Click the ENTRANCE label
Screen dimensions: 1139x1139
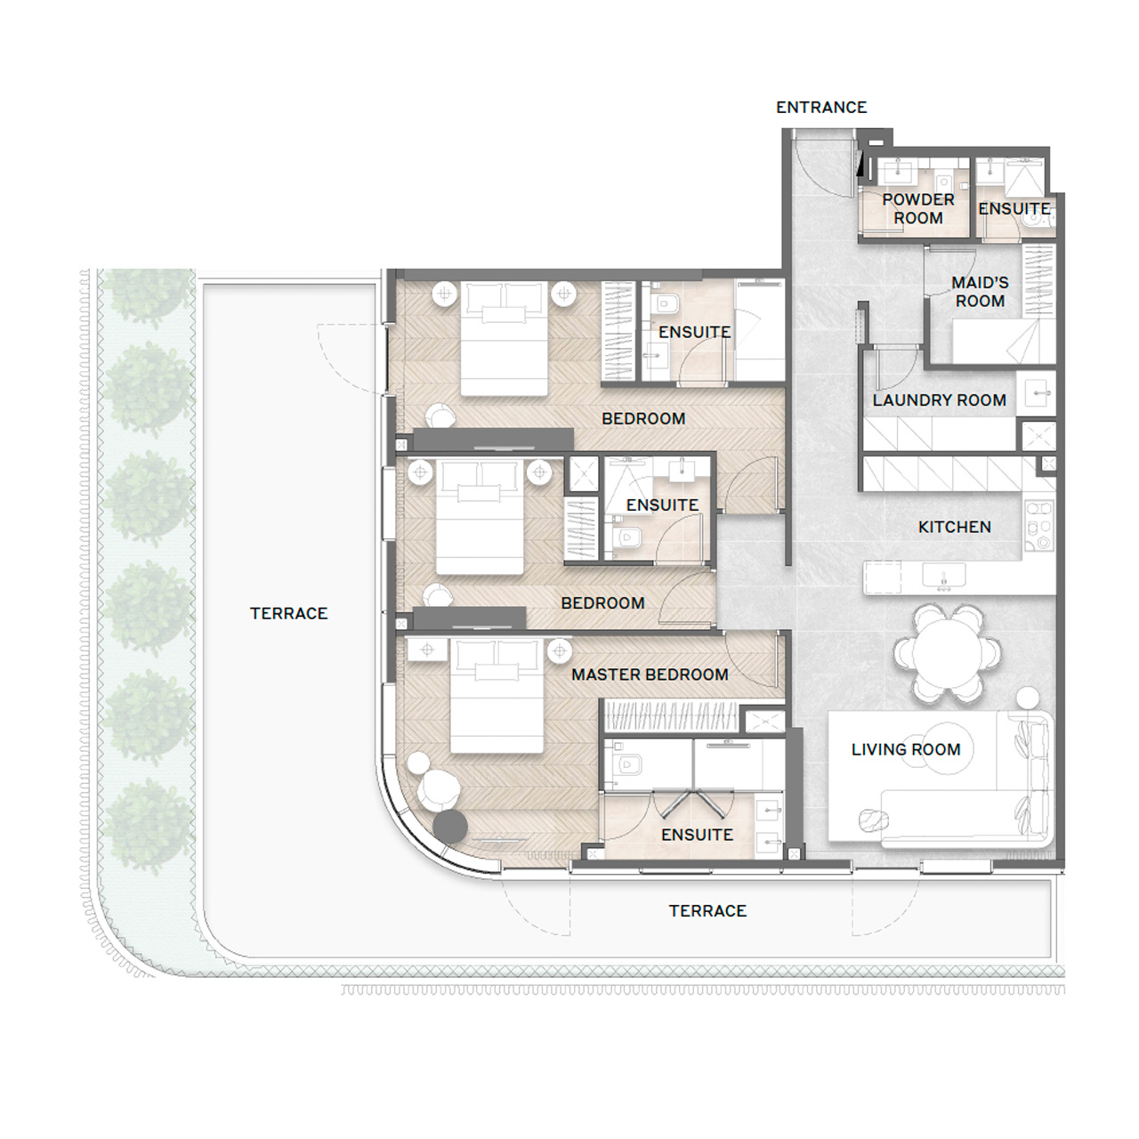(x=821, y=108)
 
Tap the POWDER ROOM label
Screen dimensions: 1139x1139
(x=918, y=208)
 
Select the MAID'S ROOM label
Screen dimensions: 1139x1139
(x=980, y=292)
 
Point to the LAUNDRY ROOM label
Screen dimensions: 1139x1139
(x=939, y=400)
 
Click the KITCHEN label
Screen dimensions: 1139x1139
(x=954, y=527)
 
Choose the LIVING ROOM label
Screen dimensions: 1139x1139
(x=906, y=749)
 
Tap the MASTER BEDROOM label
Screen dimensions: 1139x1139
(x=650, y=675)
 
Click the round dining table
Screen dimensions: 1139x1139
(x=948, y=653)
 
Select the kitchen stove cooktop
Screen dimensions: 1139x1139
(x=1039, y=526)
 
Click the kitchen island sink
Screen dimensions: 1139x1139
(x=944, y=575)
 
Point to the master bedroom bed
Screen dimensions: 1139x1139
(x=497, y=696)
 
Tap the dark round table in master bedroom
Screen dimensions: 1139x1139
(x=450, y=827)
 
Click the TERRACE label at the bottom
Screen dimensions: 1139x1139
(x=707, y=911)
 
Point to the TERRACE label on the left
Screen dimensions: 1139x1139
(x=288, y=613)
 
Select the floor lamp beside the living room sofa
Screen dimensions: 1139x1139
(x=1028, y=698)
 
